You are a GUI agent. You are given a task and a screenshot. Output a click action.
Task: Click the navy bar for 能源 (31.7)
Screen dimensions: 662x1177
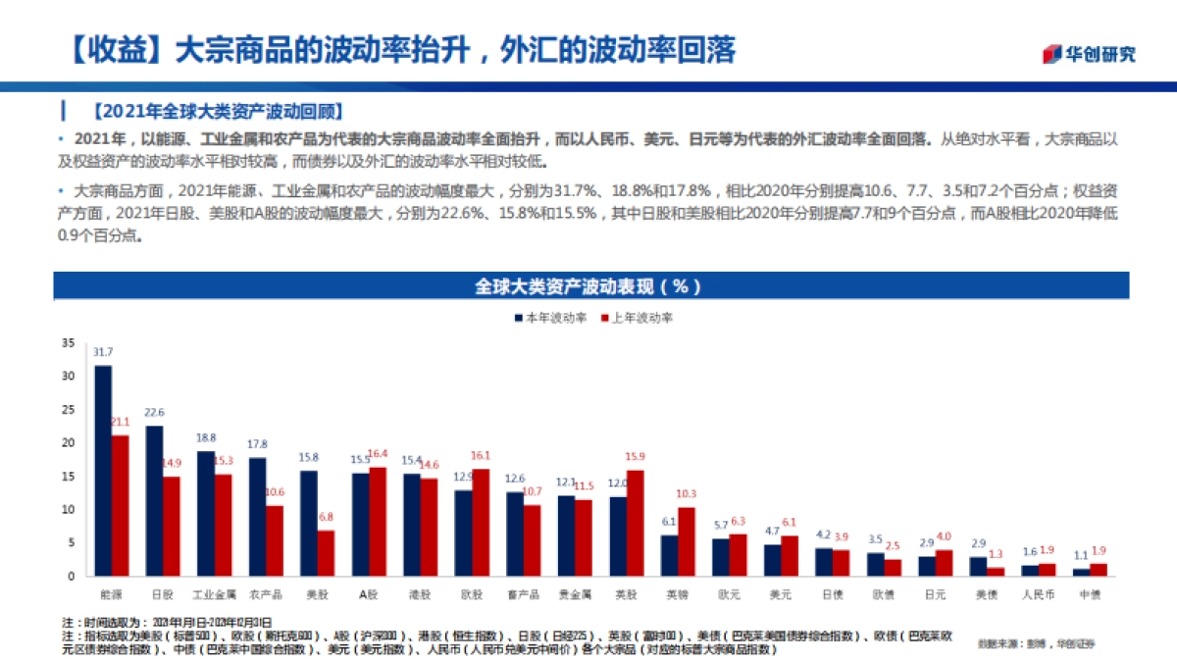pos(103,471)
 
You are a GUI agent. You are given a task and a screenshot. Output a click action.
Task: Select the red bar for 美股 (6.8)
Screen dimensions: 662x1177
pos(326,553)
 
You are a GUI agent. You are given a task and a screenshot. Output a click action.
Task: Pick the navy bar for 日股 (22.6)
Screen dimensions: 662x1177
pos(154,500)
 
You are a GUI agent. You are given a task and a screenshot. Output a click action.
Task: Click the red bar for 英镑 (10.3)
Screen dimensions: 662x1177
pos(687,541)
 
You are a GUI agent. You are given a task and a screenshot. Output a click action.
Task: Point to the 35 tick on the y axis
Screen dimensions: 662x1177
pos(68,342)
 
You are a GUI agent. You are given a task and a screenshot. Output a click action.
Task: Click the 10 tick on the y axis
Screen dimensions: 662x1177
pos(68,509)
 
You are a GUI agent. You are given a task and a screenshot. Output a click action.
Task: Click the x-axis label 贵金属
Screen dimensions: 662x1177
pos(574,594)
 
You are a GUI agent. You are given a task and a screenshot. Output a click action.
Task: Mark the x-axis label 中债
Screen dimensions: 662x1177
pos(1089,594)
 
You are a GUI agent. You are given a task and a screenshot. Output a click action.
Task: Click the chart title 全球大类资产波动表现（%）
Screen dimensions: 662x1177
pos(588,286)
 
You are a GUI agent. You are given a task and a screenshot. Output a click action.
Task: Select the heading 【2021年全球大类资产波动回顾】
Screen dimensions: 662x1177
pos(217,110)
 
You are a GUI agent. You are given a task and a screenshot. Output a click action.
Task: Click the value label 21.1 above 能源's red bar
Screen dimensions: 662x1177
pos(120,423)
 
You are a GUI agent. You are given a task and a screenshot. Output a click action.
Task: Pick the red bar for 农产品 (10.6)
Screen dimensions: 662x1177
pos(275,540)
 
